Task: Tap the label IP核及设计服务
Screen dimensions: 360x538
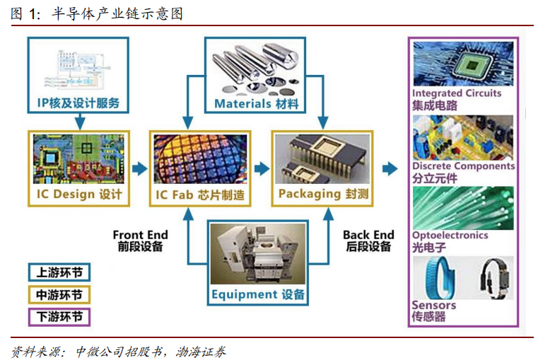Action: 78,103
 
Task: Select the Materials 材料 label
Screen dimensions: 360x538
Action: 257,103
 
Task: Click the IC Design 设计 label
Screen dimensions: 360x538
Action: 78,194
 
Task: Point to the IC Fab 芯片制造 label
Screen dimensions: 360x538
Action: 200,194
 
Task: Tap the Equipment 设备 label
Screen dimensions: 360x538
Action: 258,294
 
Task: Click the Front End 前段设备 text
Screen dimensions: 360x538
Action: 140,240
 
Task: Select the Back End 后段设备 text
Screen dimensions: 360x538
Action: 368,240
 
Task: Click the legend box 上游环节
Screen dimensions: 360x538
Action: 59,272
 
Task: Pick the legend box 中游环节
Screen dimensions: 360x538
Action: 59,294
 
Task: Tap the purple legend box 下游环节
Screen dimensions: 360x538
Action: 59,316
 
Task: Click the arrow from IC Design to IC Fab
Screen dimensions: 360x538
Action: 140,169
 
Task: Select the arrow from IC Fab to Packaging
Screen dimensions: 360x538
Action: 262,169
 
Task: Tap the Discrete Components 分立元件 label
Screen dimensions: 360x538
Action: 463,172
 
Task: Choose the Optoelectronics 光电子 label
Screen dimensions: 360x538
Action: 450,241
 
